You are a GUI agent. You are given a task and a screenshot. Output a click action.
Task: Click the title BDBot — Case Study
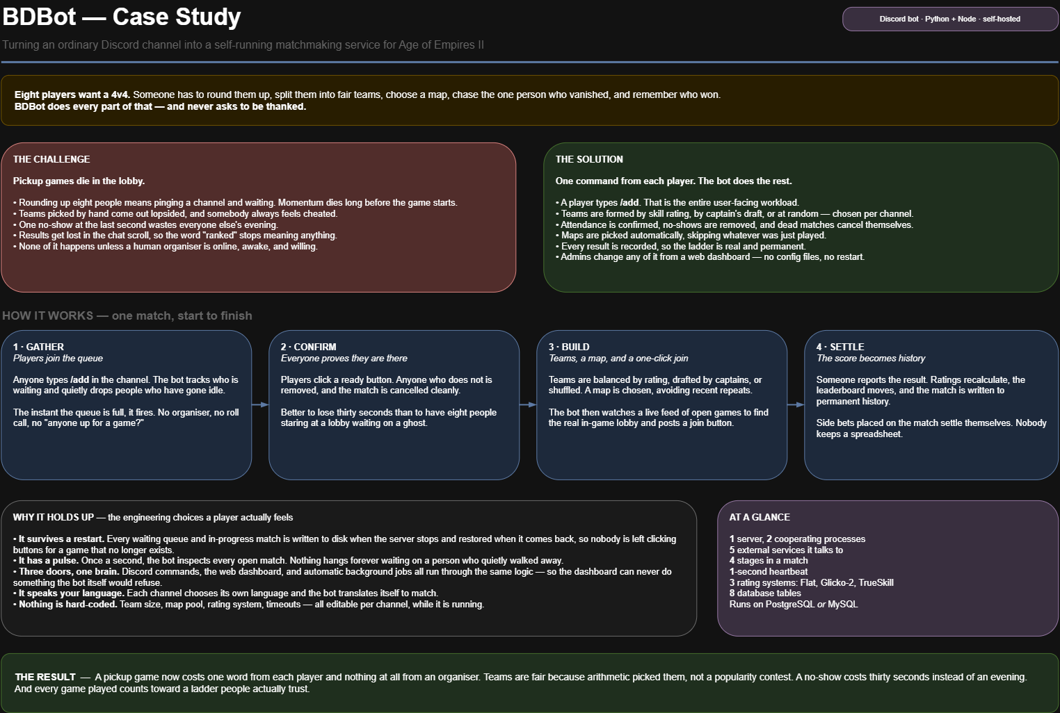(122, 17)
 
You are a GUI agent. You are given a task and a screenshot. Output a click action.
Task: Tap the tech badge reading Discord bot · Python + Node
(949, 19)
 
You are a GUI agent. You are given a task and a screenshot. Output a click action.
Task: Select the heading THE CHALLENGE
(51, 159)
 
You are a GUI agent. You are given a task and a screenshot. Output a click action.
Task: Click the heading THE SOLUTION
(589, 159)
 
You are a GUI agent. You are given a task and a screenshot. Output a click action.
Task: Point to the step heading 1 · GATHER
(38, 347)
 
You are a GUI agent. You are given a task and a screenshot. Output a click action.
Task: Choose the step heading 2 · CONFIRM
(309, 347)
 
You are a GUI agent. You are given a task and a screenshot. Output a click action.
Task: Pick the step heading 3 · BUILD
(569, 347)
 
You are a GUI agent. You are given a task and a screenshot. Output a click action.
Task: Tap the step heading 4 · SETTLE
(840, 347)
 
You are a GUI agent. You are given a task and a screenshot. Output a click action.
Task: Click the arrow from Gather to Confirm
(260, 404)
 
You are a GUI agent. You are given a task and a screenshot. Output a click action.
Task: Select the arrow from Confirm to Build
(528, 404)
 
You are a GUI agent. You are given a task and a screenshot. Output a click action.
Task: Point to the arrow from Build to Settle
(796, 404)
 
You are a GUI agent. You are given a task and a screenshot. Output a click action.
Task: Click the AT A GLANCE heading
(760, 517)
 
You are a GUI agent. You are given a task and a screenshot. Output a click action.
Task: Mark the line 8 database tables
(765, 593)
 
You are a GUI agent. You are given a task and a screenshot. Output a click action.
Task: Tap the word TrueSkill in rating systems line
(876, 582)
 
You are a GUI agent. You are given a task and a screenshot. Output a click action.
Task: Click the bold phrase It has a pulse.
(49, 560)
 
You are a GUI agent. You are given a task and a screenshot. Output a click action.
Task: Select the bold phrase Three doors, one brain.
(69, 572)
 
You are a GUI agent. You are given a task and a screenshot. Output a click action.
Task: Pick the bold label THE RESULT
(45, 677)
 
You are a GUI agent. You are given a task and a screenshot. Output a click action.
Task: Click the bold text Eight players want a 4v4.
(72, 95)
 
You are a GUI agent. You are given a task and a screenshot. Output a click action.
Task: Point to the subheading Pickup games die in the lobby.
(79, 181)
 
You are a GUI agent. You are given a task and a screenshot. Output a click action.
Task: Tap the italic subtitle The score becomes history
(871, 359)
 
